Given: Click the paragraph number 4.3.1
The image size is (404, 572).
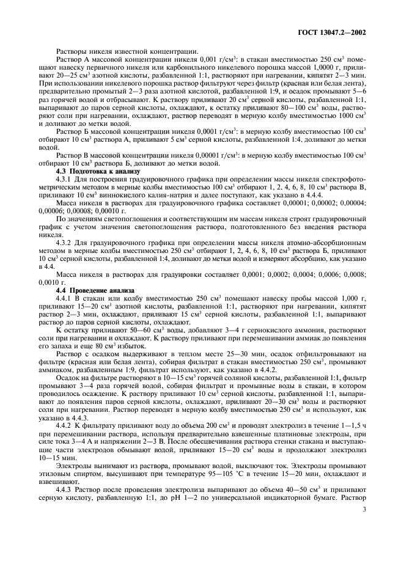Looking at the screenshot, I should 65,180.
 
